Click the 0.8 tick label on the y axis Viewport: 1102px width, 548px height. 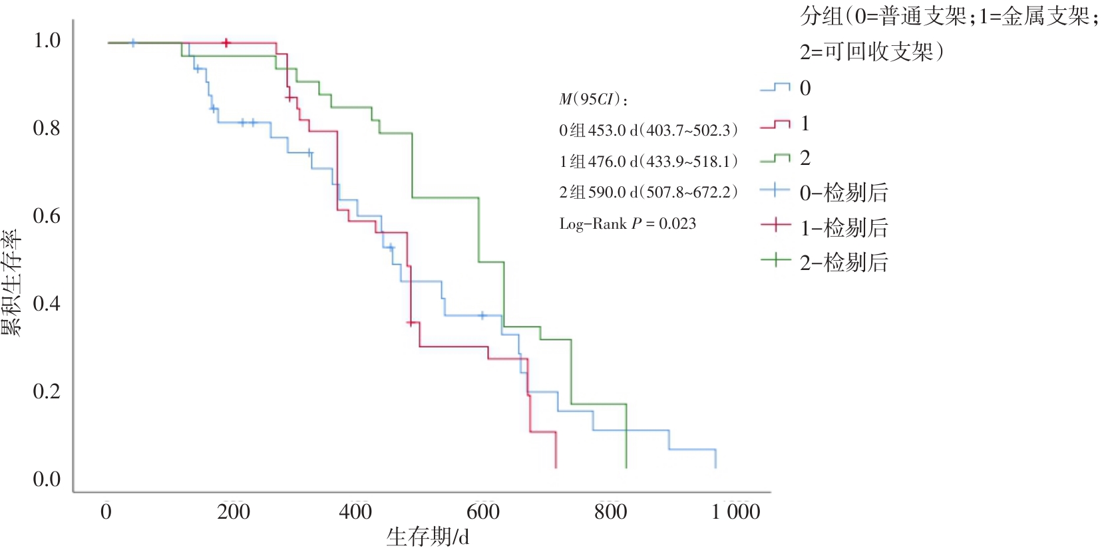[47, 128]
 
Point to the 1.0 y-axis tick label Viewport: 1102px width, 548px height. [47, 41]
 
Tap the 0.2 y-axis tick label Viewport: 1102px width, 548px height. [47, 391]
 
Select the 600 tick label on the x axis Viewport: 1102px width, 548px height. [482, 511]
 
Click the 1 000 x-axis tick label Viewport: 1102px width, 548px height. [735, 511]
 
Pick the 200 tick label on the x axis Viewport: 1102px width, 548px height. [233, 511]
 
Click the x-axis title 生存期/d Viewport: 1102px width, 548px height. [428, 536]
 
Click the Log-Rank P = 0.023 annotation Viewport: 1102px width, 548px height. [628, 223]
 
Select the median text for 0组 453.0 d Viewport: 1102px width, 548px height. [648, 130]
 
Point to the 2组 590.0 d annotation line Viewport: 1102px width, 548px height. [648, 192]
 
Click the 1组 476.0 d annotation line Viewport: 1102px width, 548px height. [648, 161]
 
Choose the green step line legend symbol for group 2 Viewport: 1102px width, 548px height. [775, 158]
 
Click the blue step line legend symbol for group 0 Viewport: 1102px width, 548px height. [775, 88]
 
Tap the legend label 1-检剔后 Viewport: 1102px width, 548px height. [844, 228]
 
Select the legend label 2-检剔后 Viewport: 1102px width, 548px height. [844, 263]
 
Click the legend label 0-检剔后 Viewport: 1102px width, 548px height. [844, 193]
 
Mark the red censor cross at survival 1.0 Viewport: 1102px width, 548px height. [226, 43]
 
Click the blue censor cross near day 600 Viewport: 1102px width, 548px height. [483, 315]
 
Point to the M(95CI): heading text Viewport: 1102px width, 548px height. [593, 100]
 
